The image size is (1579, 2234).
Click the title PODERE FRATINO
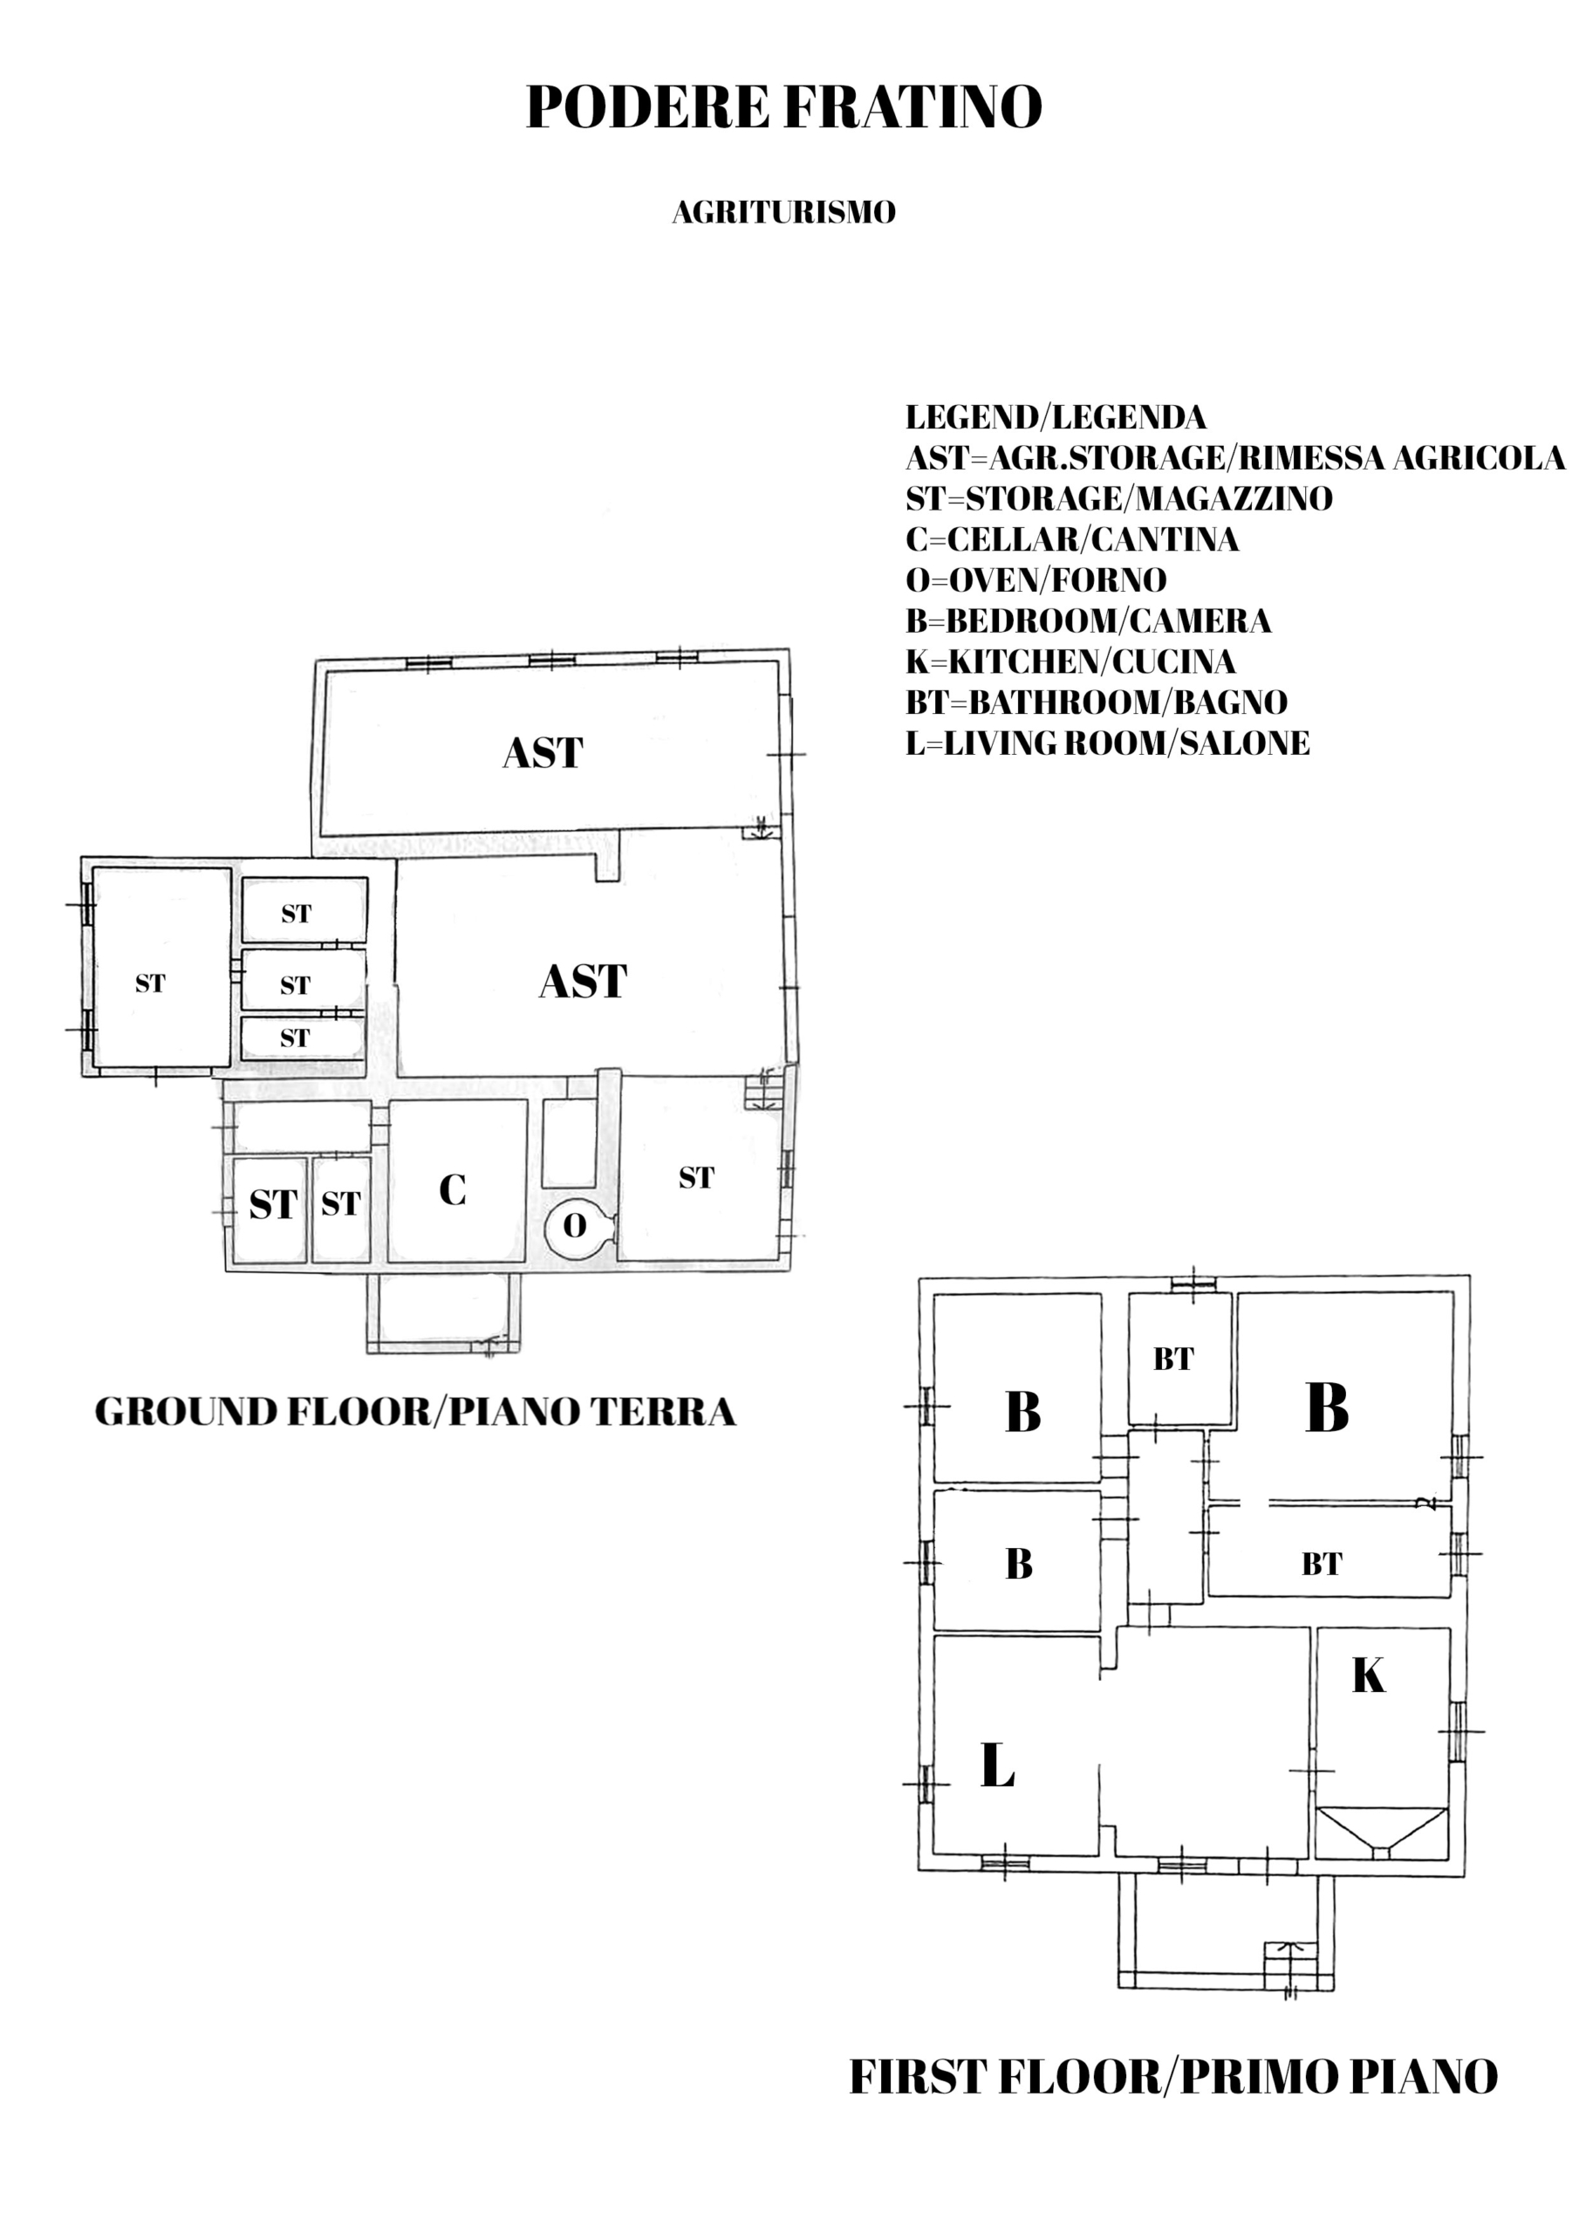783,106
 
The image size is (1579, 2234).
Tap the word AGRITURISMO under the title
783,212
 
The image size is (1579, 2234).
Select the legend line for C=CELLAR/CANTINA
1072,539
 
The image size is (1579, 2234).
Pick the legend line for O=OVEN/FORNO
1036,580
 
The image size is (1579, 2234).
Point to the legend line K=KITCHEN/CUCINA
1070,661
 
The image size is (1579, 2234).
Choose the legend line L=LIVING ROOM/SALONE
1107,744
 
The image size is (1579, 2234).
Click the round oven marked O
577,1225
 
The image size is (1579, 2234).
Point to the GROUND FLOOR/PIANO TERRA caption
415,1412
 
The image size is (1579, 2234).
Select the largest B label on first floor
1327,1407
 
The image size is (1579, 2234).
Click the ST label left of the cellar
340,1203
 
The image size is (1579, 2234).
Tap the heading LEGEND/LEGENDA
1056,417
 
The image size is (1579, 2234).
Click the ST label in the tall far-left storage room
150,983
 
